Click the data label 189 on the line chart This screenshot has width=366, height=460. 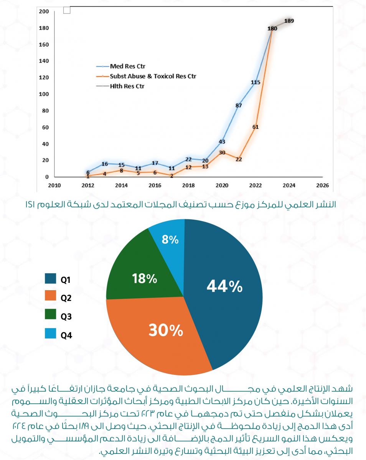289,21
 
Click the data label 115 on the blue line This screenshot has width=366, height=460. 256,82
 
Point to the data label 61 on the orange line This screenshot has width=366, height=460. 256,127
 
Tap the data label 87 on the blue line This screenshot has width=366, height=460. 239,105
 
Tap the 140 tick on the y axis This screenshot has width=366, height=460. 45,61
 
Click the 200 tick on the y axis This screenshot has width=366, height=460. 45,11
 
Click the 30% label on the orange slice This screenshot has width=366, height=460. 166,330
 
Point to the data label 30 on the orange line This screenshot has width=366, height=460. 222,152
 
